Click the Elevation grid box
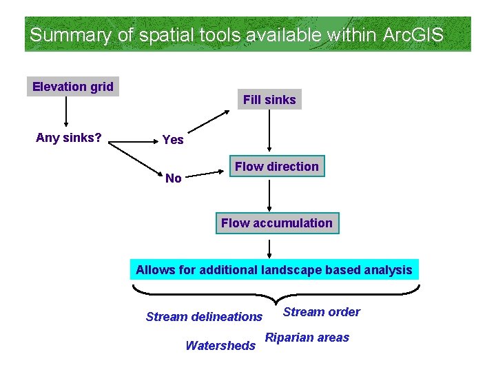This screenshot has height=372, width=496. [x=73, y=87]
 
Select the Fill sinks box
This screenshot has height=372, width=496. [x=269, y=100]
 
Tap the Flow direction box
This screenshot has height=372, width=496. [x=276, y=167]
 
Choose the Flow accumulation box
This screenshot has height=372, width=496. [x=276, y=223]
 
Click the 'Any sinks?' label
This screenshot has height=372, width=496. [x=69, y=138]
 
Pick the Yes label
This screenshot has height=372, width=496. [x=173, y=140]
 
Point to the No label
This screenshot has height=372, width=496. [x=174, y=178]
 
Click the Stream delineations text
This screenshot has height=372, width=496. [x=204, y=317]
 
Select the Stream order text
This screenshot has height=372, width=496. [x=321, y=312]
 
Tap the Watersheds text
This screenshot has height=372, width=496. [x=220, y=346]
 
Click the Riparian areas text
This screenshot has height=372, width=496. [x=307, y=338]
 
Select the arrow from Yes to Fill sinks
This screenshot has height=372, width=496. [x=211, y=122]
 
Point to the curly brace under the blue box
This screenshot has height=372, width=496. [x=273, y=293]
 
